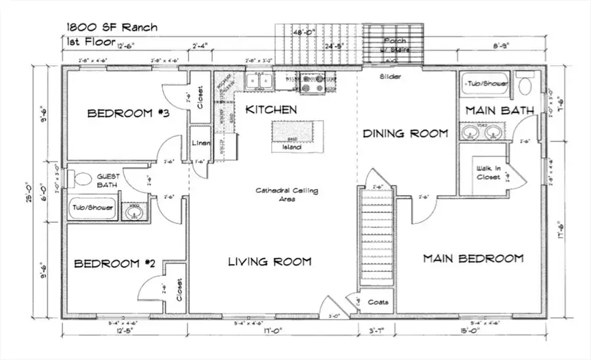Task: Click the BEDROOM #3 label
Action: click(129, 114)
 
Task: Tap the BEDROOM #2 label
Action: click(114, 264)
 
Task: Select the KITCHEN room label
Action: click(271, 110)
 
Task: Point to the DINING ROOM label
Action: click(406, 133)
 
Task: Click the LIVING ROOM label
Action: click(269, 262)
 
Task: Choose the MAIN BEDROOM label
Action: click(473, 258)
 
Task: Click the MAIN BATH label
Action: click(500, 110)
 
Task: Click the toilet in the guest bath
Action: click(83, 178)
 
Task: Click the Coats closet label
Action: click(378, 302)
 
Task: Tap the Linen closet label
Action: click(200, 143)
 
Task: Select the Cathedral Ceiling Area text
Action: click(287, 194)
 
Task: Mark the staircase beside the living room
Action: click(377, 236)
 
